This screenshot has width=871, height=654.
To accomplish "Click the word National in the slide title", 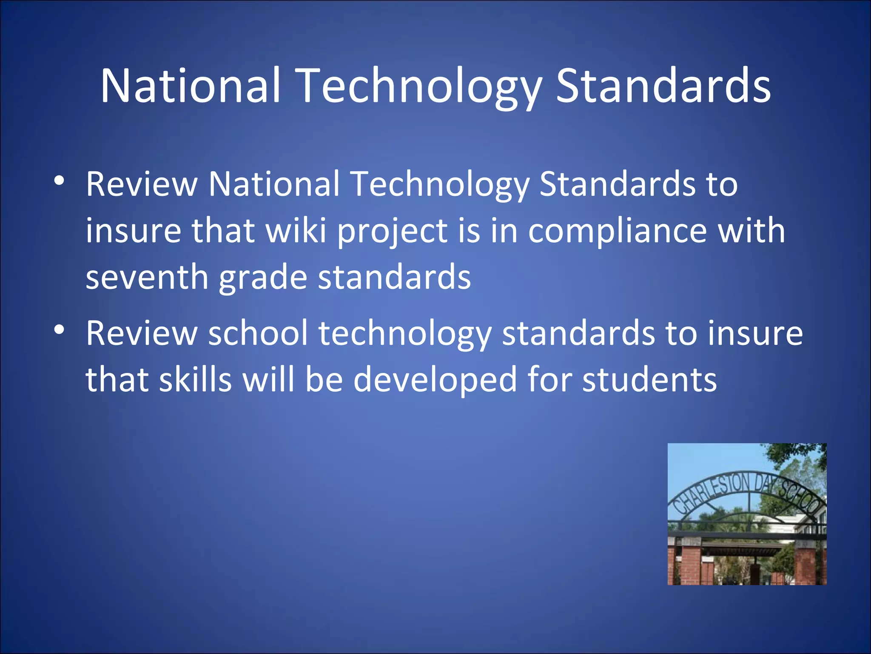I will [x=190, y=86].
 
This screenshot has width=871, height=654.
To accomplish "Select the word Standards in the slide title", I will [x=663, y=86].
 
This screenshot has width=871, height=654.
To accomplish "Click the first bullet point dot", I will [x=59, y=181].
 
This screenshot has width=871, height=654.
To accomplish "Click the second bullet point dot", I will [x=59, y=330].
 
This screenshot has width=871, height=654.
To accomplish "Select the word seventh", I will [x=147, y=278].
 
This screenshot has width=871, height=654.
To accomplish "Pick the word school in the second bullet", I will [x=258, y=333].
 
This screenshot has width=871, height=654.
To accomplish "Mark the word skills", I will [x=195, y=379].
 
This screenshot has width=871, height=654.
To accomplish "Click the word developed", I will [x=435, y=380].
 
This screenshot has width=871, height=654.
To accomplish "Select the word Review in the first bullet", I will [x=142, y=184].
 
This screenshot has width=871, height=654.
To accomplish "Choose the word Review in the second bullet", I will [x=142, y=333].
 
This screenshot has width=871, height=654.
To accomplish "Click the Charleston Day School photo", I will [x=747, y=514].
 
